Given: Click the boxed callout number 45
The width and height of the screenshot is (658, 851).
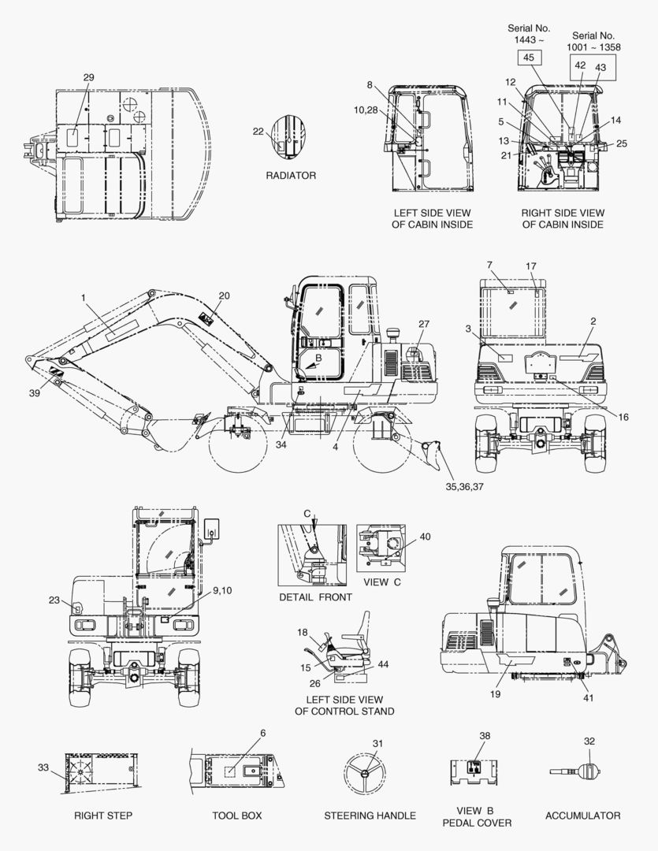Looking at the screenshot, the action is click(x=529, y=58).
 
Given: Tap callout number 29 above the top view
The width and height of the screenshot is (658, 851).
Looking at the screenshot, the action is click(x=88, y=77).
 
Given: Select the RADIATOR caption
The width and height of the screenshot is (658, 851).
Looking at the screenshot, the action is click(x=291, y=175).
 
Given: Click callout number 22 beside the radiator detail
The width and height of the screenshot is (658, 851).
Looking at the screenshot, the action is click(x=258, y=132).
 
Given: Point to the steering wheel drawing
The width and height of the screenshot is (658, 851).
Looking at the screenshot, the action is click(x=364, y=774).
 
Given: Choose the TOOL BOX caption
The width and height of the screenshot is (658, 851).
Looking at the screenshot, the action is click(x=236, y=816).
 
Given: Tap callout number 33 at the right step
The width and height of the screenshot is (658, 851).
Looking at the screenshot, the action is click(x=43, y=767).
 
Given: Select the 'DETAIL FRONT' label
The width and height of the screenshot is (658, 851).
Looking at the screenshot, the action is click(x=315, y=597).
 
